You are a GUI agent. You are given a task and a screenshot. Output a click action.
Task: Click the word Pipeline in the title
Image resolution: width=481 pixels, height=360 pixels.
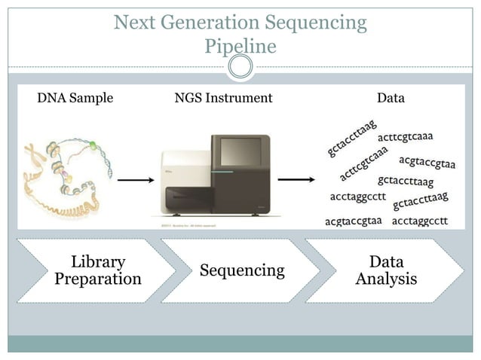pyautogui.click(x=240, y=47)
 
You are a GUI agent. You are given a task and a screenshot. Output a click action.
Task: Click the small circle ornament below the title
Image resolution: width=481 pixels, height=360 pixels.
pyautogui.click(x=240, y=69)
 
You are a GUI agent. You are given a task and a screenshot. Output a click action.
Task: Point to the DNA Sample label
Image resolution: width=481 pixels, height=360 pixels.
pyautogui.click(x=75, y=98)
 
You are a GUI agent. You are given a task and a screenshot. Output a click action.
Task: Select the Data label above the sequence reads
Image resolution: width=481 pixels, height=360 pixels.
pyautogui.click(x=391, y=98)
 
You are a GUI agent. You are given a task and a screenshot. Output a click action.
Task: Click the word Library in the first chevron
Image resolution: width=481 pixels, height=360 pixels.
pyautogui.click(x=98, y=262)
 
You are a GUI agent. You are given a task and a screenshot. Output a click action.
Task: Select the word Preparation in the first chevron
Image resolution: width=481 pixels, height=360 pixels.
pyautogui.click(x=98, y=279)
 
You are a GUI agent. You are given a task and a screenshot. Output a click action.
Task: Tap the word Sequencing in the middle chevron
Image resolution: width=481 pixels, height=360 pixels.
pyautogui.click(x=242, y=270)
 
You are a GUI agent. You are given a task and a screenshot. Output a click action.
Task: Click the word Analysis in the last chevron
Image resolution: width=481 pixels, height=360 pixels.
pyautogui.click(x=386, y=279)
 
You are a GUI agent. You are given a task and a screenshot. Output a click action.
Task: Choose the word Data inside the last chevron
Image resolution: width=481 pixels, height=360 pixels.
pyautogui.click(x=386, y=262)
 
